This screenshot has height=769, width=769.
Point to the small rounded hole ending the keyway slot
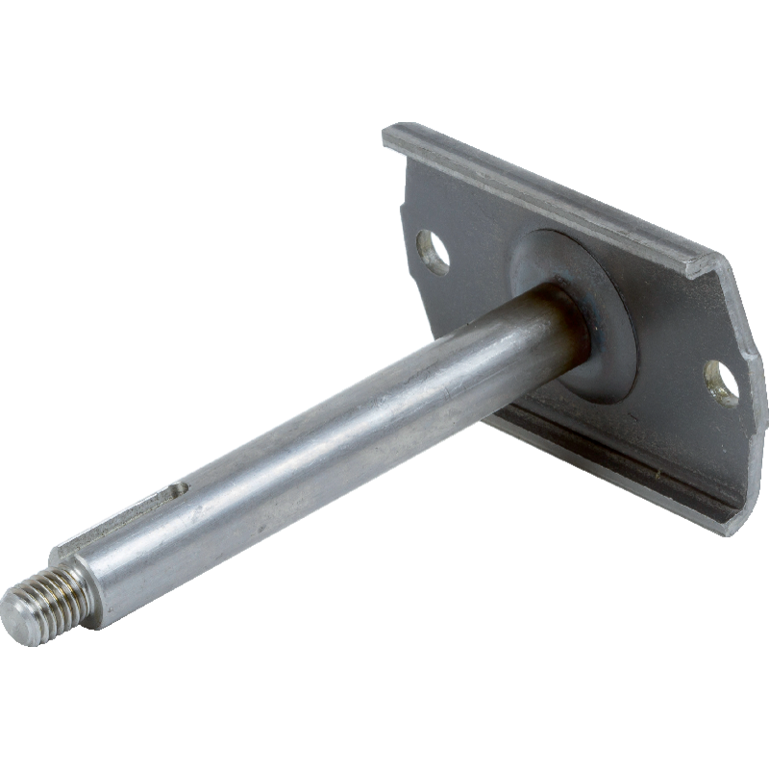pos(178,490)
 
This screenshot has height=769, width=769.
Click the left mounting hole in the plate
pos(434,252)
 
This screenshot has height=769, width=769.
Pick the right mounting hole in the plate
pos(722,383)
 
